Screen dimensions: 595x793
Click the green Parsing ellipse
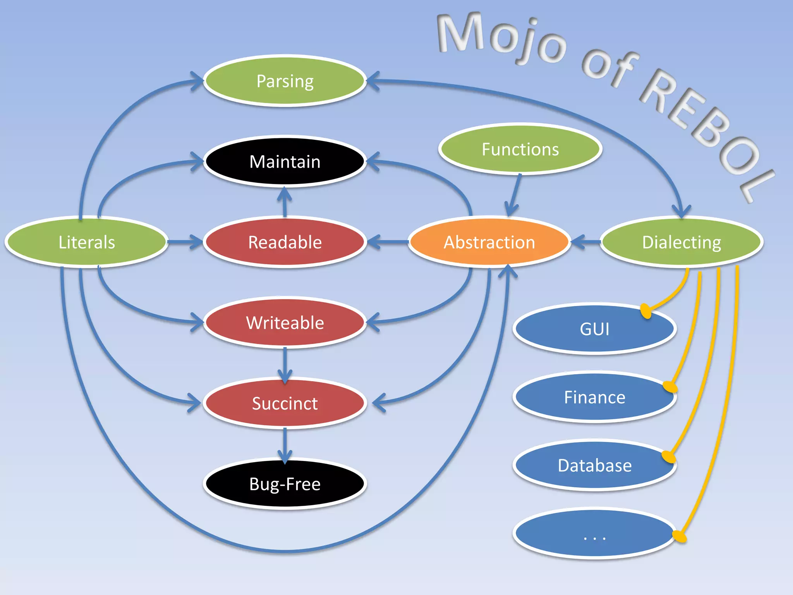(285, 81)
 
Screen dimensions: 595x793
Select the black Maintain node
(285, 162)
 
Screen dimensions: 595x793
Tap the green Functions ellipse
(520, 149)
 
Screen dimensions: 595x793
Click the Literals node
(87, 242)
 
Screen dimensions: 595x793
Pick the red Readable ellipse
(285, 242)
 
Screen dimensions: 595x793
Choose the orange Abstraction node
(489, 242)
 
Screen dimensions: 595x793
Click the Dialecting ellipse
(681, 242)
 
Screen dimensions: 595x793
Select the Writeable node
(285, 323)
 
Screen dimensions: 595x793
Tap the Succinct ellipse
(285, 403)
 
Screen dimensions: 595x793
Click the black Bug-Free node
(285, 484)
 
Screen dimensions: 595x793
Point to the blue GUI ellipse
(594, 329)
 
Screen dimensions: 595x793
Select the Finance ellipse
(594, 397)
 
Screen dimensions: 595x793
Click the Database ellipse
(594, 465)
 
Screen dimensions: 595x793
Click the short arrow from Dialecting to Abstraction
(585, 242)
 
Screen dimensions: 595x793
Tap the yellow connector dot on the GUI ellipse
(645, 311)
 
